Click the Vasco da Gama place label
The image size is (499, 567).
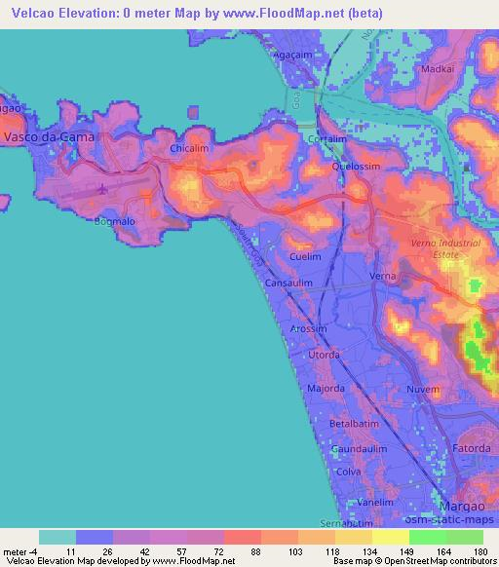click(x=51, y=137)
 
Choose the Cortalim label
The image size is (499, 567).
click(x=327, y=139)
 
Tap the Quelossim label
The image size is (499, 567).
click(x=355, y=166)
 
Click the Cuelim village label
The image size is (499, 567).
click(x=306, y=256)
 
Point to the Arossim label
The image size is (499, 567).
click(x=311, y=329)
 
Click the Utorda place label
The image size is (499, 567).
click(x=325, y=356)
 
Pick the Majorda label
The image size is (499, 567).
click(x=326, y=389)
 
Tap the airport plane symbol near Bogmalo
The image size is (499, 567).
click(x=104, y=187)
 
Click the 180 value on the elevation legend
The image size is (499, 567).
click(x=480, y=551)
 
